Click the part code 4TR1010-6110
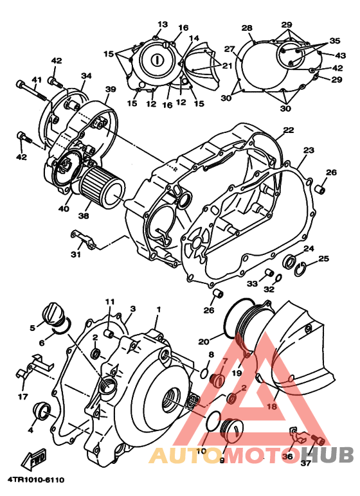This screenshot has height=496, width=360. click(x=36, y=479)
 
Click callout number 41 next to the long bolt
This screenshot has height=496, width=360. click(x=36, y=80)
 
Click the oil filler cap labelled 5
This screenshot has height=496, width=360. click(x=51, y=317)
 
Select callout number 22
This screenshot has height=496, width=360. click(x=289, y=130)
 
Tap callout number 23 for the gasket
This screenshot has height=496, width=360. click(x=309, y=150)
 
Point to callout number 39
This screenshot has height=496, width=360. click(x=110, y=89)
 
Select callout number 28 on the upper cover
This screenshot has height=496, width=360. click(x=247, y=28)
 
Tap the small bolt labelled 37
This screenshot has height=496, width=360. click(x=316, y=440)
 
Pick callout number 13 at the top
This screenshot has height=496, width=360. click(x=162, y=23)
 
